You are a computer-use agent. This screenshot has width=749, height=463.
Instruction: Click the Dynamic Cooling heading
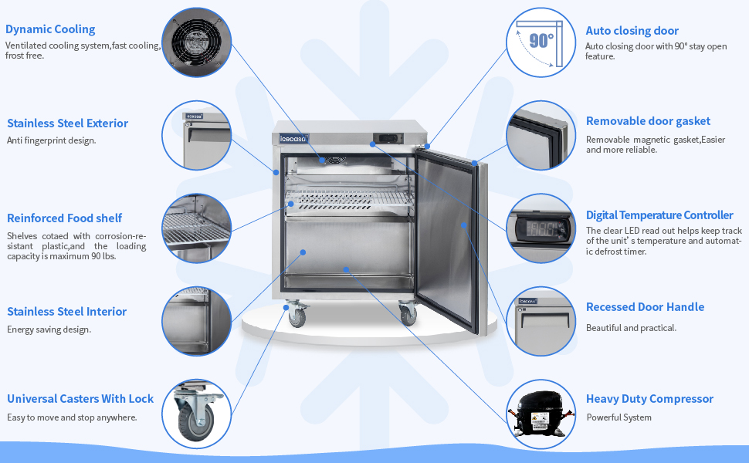[50, 29]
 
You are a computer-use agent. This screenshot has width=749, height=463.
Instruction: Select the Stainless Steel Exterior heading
[67, 123]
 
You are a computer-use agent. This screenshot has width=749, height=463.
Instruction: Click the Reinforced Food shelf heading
[64, 218]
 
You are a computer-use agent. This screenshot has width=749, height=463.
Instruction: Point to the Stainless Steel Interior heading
[66, 312]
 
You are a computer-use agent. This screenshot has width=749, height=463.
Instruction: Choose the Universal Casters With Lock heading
[80, 399]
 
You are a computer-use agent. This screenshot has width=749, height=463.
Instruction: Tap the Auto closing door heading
[632, 31]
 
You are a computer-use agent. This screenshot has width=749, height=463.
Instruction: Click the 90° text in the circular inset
[541, 39]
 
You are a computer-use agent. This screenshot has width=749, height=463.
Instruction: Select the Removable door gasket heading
[648, 121]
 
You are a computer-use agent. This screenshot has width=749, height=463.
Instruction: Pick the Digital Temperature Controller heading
[659, 215]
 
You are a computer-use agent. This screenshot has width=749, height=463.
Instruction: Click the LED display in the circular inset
[540, 229]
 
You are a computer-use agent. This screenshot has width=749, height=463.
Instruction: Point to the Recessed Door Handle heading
[645, 307]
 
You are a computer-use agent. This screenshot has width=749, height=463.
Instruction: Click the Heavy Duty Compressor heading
[649, 399]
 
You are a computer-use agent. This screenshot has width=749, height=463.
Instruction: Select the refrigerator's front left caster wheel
[297, 316]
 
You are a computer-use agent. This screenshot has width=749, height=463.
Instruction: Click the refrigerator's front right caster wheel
[406, 314]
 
